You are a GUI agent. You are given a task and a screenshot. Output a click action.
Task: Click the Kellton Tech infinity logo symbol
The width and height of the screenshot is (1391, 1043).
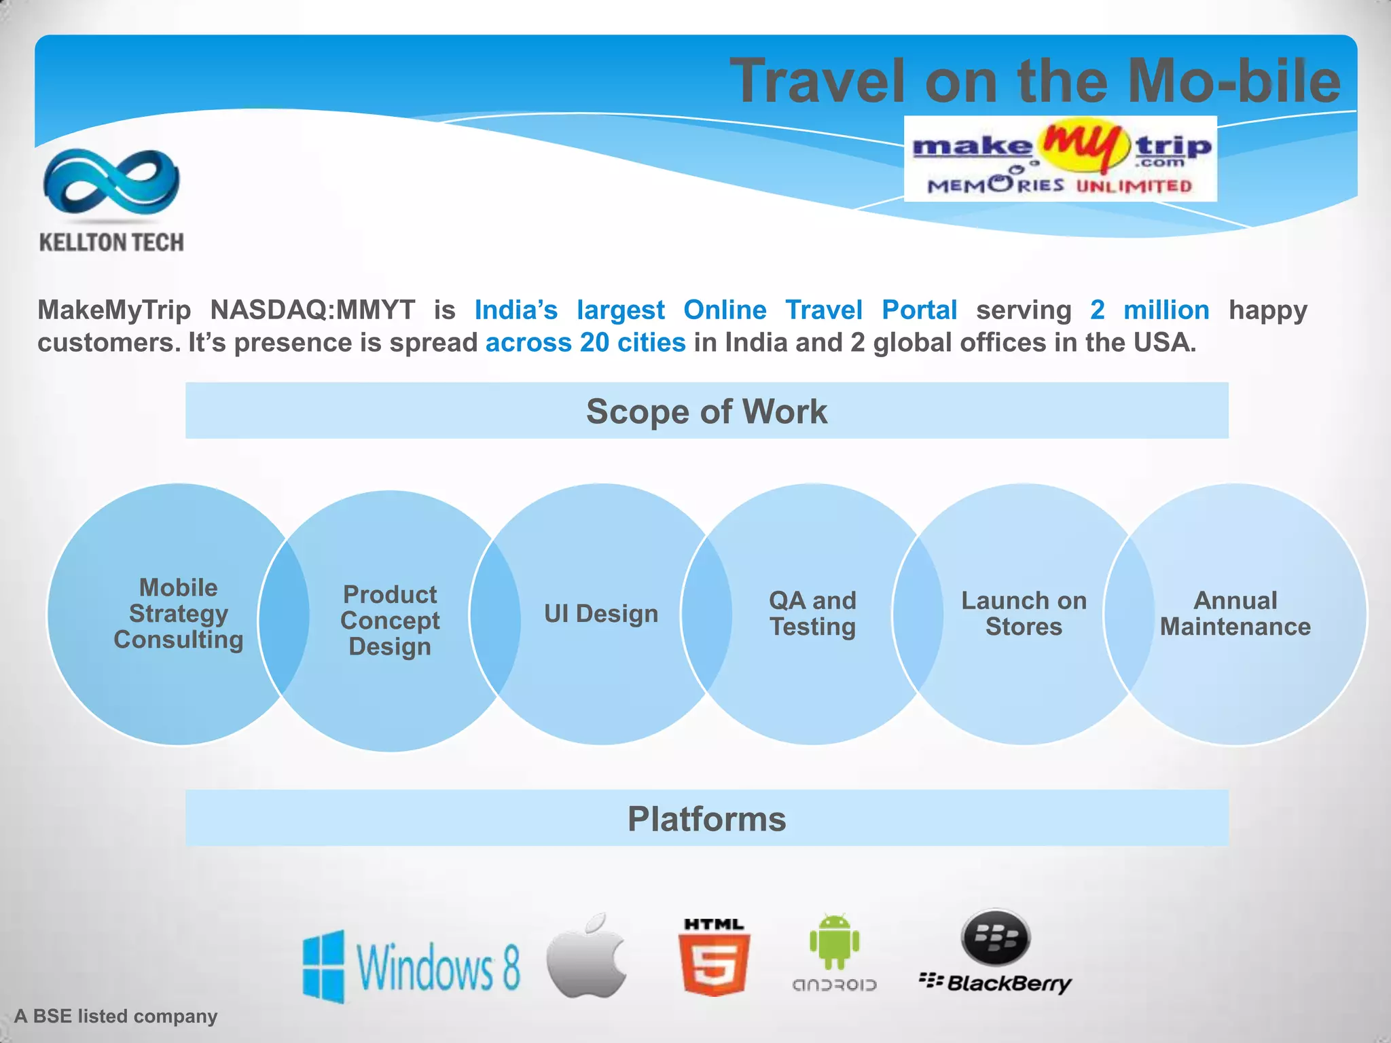pyautogui.click(x=111, y=182)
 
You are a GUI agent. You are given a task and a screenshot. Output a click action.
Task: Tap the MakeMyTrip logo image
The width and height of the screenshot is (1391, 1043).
pyautogui.click(x=1060, y=159)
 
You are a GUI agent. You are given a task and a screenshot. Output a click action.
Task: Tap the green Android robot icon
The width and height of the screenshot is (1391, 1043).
pyautogui.click(x=834, y=942)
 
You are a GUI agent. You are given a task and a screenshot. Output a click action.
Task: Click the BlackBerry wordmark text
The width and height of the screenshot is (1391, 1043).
pyautogui.click(x=1009, y=983)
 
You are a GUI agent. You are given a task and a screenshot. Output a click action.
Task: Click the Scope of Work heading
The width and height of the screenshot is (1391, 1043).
pyautogui.click(x=706, y=411)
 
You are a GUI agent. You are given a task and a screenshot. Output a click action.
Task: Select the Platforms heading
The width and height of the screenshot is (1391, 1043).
pyautogui.click(x=706, y=819)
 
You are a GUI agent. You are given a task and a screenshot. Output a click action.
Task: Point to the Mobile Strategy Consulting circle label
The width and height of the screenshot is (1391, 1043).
pyautogui.click(x=179, y=614)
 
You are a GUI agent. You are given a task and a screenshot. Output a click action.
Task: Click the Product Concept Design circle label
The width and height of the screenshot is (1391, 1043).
pyautogui.click(x=390, y=621)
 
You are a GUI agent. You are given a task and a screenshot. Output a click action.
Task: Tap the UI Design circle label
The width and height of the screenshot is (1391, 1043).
pyautogui.click(x=601, y=614)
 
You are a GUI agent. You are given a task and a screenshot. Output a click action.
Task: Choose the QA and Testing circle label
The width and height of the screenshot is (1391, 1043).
pyautogui.click(x=812, y=614)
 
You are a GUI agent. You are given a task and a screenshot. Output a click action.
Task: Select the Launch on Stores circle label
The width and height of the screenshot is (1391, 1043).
pyautogui.click(x=1024, y=614)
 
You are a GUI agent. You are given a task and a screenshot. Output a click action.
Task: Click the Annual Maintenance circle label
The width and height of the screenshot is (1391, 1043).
pyautogui.click(x=1235, y=614)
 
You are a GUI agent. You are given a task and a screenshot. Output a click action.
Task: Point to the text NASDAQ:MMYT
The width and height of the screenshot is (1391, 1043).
pyautogui.click(x=312, y=310)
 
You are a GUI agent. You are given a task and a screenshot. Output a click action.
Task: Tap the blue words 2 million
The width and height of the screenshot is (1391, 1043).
pyautogui.click(x=1149, y=310)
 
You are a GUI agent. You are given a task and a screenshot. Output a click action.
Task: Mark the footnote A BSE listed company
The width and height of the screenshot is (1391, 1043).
pyautogui.click(x=116, y=1016)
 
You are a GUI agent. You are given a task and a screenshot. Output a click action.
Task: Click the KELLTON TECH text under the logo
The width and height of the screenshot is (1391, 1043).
pyautogui.click(x=111, y=242)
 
